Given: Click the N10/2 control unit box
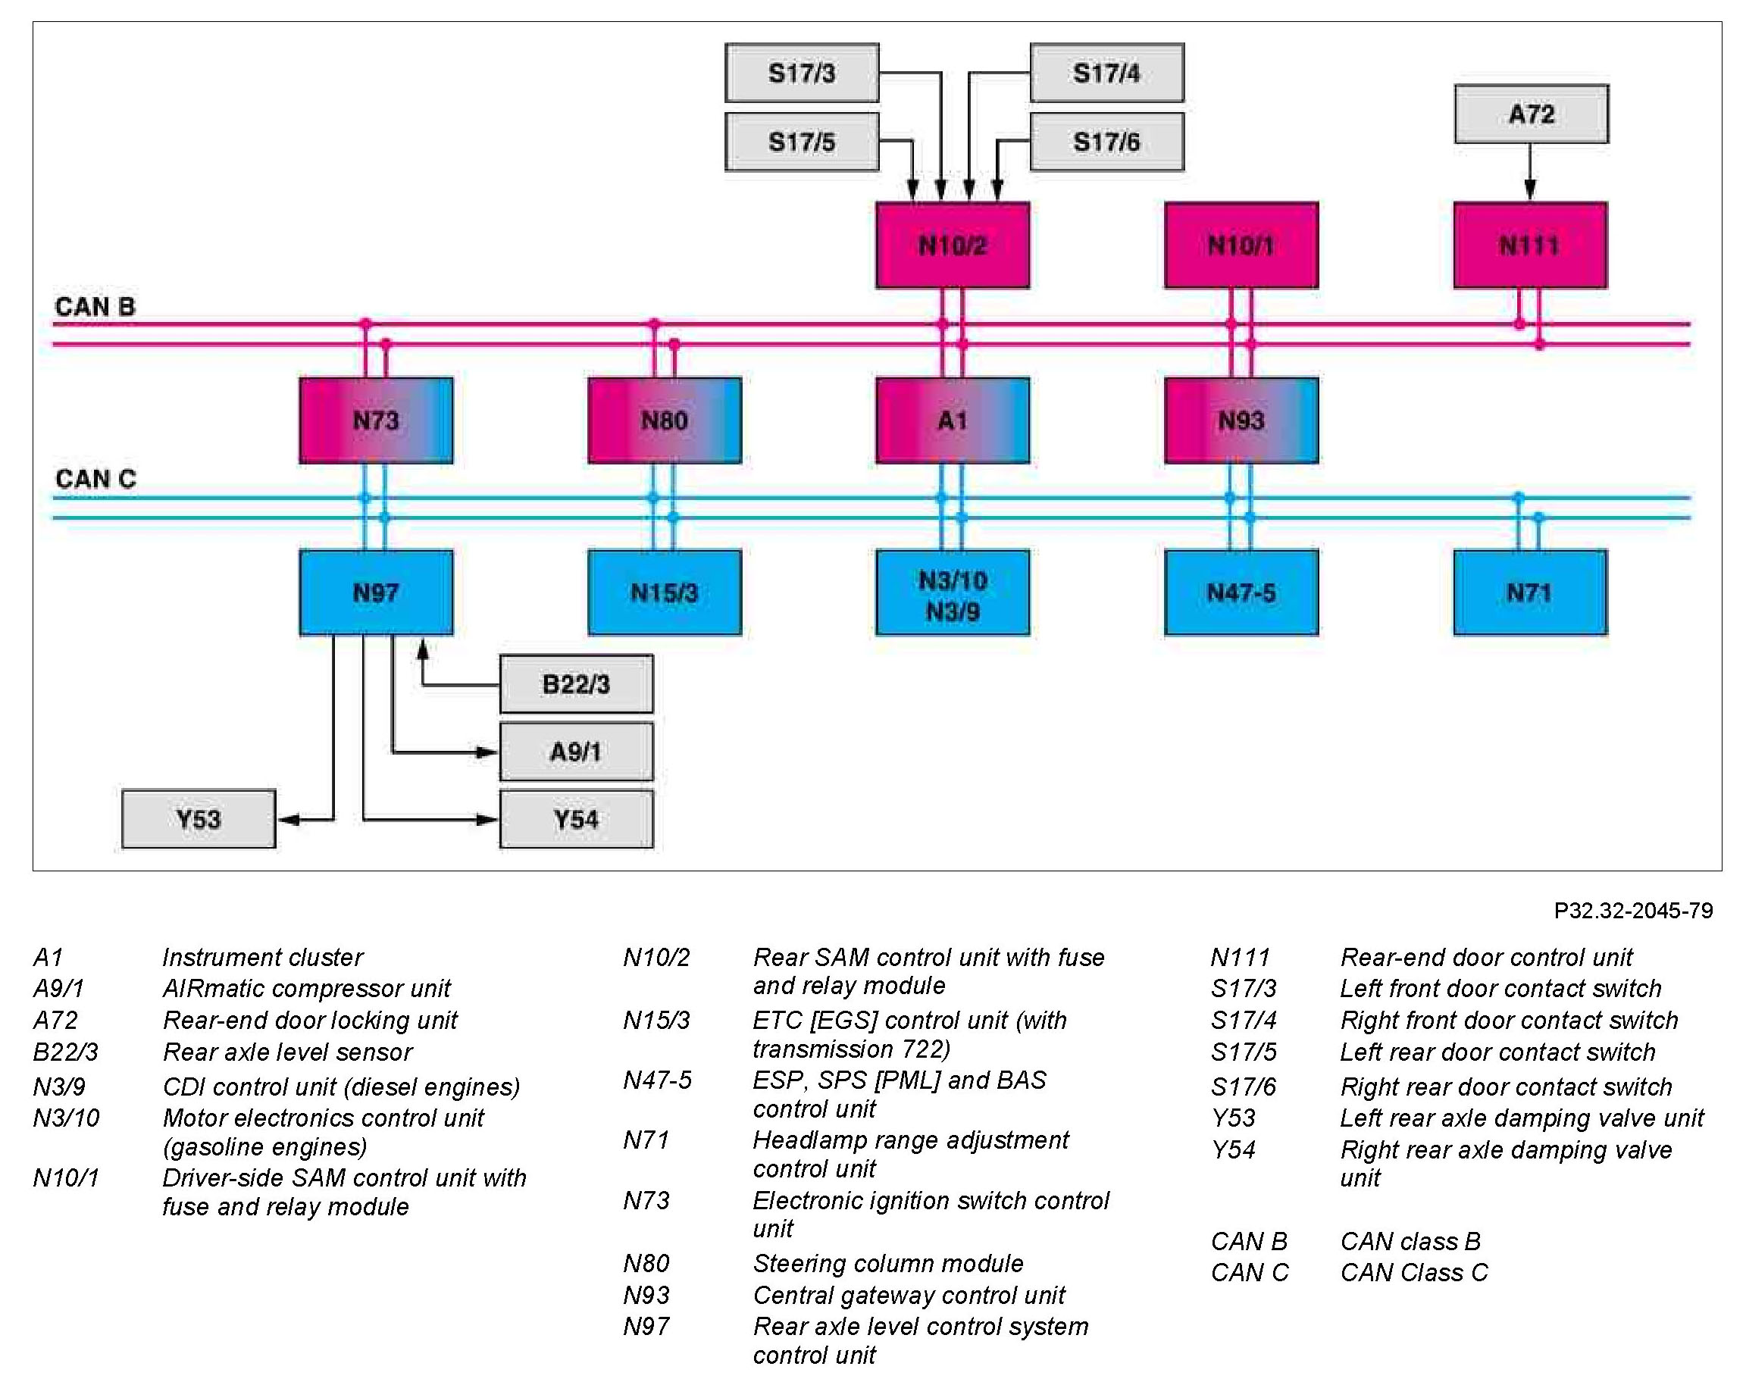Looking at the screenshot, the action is (x=953, y=245).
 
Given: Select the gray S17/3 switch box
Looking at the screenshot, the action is (x=802, y=73).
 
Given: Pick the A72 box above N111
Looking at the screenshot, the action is (x=1531, y=114).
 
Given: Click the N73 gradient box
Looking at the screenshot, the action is (x=376, y=421).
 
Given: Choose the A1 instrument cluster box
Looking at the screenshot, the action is (x=953, y=421).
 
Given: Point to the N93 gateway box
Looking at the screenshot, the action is (x=1241, y=421).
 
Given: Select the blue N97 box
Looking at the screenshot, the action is (x=376, y=593).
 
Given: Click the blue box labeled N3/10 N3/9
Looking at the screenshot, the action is (x=953, y=593).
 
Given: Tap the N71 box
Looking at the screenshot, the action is (x=1530, y=593).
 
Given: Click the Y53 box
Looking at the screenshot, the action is (x=199, y=819).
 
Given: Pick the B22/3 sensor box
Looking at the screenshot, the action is (x=576, y=683).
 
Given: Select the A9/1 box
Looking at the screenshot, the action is (x=576, y=752).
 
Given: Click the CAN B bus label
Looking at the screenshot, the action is (x=95, y=307).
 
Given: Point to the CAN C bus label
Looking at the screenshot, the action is (x=95, y=479).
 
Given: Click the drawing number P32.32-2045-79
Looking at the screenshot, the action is (x=1634, y=911).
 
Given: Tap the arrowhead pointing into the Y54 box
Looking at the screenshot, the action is (x=488, y=820).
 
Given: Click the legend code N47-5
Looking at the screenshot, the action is (x=657, y=1080).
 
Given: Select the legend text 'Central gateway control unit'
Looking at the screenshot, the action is (x=909, y=1296).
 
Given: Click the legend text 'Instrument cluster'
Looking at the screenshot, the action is (x=262, y=957).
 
